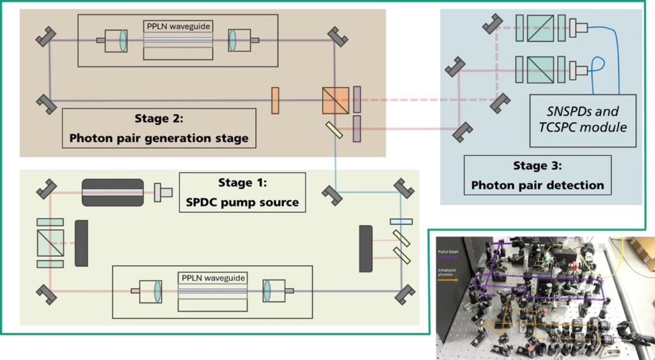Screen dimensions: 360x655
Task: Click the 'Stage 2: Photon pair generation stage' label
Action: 159,128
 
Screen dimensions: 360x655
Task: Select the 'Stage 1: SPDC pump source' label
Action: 242,192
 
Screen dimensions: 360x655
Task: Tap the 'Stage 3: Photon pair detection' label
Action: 537,175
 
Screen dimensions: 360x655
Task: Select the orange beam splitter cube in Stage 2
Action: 336,100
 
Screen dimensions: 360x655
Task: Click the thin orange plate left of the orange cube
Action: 275,100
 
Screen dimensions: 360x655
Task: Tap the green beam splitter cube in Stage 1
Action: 50,243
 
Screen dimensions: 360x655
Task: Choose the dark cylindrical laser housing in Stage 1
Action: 113,192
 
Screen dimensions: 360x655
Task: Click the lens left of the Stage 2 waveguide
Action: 123,40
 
